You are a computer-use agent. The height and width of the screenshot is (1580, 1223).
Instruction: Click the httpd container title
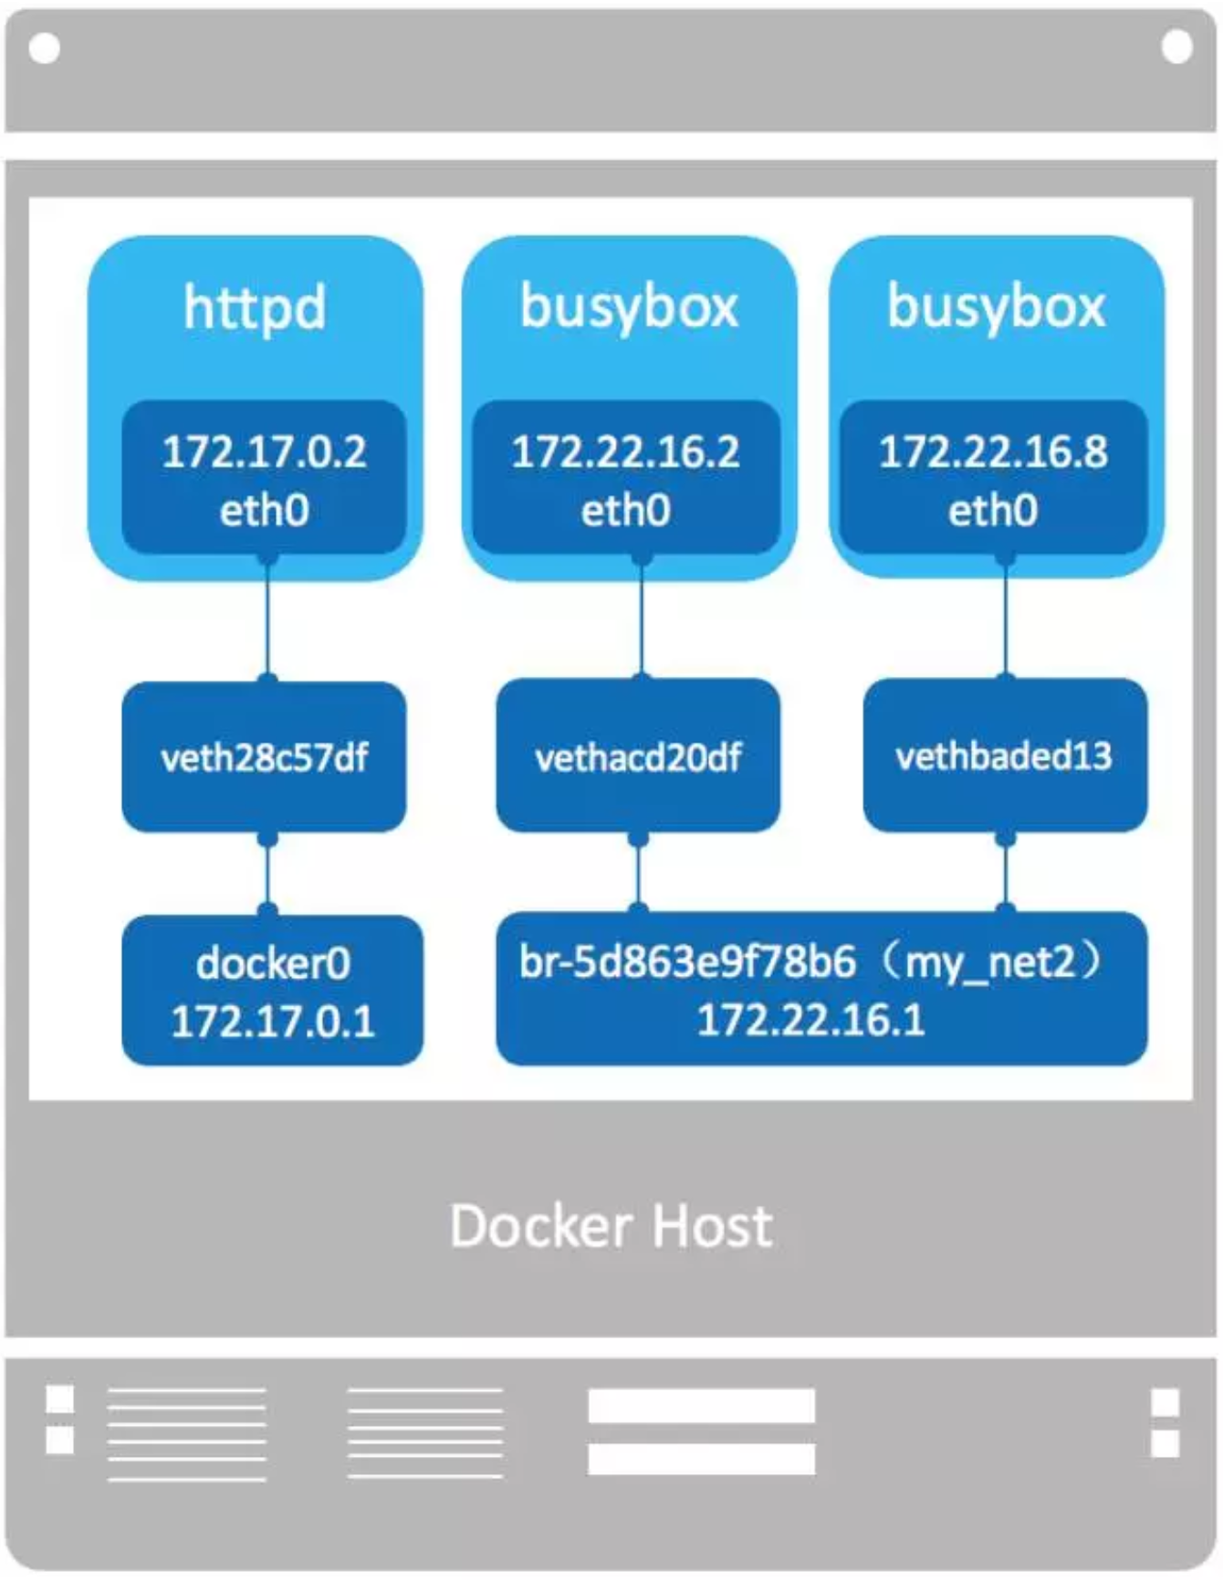[255, 307]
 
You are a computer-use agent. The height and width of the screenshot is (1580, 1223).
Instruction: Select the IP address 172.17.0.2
[264, 452]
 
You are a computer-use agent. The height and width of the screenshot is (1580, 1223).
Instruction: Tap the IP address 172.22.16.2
[625, 452]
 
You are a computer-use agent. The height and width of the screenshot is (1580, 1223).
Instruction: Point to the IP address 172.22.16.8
[993, 452]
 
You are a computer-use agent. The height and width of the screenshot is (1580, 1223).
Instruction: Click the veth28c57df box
[264, 756]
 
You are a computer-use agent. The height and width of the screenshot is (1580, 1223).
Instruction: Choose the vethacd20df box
[638, 756]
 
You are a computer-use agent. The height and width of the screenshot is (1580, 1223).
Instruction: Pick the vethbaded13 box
[1004, 755]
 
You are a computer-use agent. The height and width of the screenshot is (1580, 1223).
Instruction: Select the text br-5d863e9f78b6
[688, 962]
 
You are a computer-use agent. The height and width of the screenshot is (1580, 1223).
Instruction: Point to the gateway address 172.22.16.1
[810, 1020]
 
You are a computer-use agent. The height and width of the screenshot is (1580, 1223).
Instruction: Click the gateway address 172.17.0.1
[272, 1021]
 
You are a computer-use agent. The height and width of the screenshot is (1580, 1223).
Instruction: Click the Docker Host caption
[611, 1225]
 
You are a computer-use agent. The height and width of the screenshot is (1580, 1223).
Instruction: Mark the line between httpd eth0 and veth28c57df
[267, 618]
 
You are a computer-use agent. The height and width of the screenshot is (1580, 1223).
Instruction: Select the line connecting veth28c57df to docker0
[267, 873]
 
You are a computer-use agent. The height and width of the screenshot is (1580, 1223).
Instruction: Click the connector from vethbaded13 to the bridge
[1005, 871]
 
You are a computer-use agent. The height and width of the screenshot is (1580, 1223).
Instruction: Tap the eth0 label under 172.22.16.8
[992, 510]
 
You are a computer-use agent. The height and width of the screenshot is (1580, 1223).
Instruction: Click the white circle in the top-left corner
[45, 48]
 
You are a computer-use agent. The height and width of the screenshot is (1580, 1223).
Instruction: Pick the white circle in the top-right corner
[1176, 47]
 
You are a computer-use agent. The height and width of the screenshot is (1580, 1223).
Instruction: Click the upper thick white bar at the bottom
[701, 1405]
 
